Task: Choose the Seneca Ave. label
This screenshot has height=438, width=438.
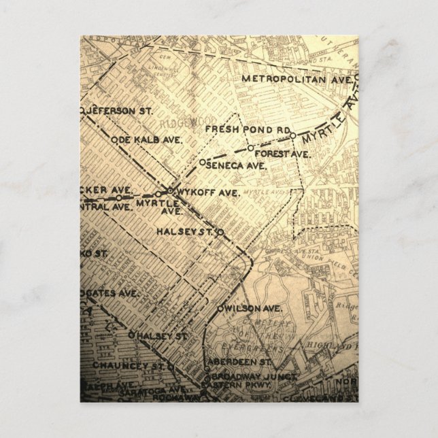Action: point(235,165)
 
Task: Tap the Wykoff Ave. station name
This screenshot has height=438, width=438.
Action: point(207,192)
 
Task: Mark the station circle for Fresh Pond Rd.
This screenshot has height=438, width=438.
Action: point(292,135)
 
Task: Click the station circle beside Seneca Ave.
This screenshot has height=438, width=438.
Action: point(202,161)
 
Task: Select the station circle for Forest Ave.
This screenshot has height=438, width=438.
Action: point(250,148)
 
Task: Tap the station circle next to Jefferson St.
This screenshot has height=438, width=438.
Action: point(82,109)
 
